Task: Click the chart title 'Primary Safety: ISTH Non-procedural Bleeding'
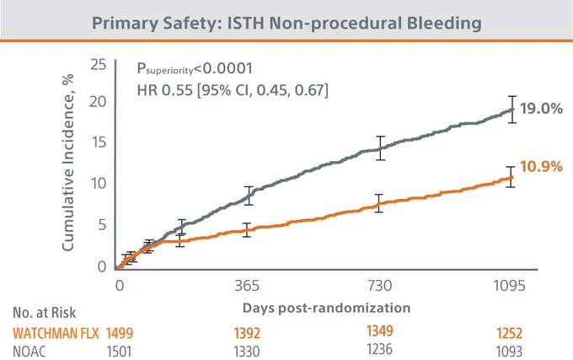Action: point(286,23)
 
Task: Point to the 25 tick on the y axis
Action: point(99,65)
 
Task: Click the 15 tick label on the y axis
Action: point(99,142)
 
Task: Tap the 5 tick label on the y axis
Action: point(102,225)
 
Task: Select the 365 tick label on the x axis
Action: point(247,286)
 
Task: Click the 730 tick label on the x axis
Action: point(380,286)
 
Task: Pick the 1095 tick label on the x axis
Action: point(510,286)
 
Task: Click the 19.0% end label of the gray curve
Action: point(541,109)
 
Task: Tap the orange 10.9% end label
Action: point(541,167)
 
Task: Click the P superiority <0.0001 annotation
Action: point(195,68)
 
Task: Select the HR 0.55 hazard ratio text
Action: point(233,90)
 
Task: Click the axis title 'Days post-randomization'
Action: point(326,308)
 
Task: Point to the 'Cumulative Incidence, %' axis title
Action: point(68,163)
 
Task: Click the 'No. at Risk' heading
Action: point(44,313)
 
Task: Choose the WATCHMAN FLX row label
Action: point(56,333)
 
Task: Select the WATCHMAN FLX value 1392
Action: point(247,333)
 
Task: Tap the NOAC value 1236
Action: point(380,349)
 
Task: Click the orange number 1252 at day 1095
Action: point(510,333)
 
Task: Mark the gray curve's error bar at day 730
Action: point(380,148)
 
